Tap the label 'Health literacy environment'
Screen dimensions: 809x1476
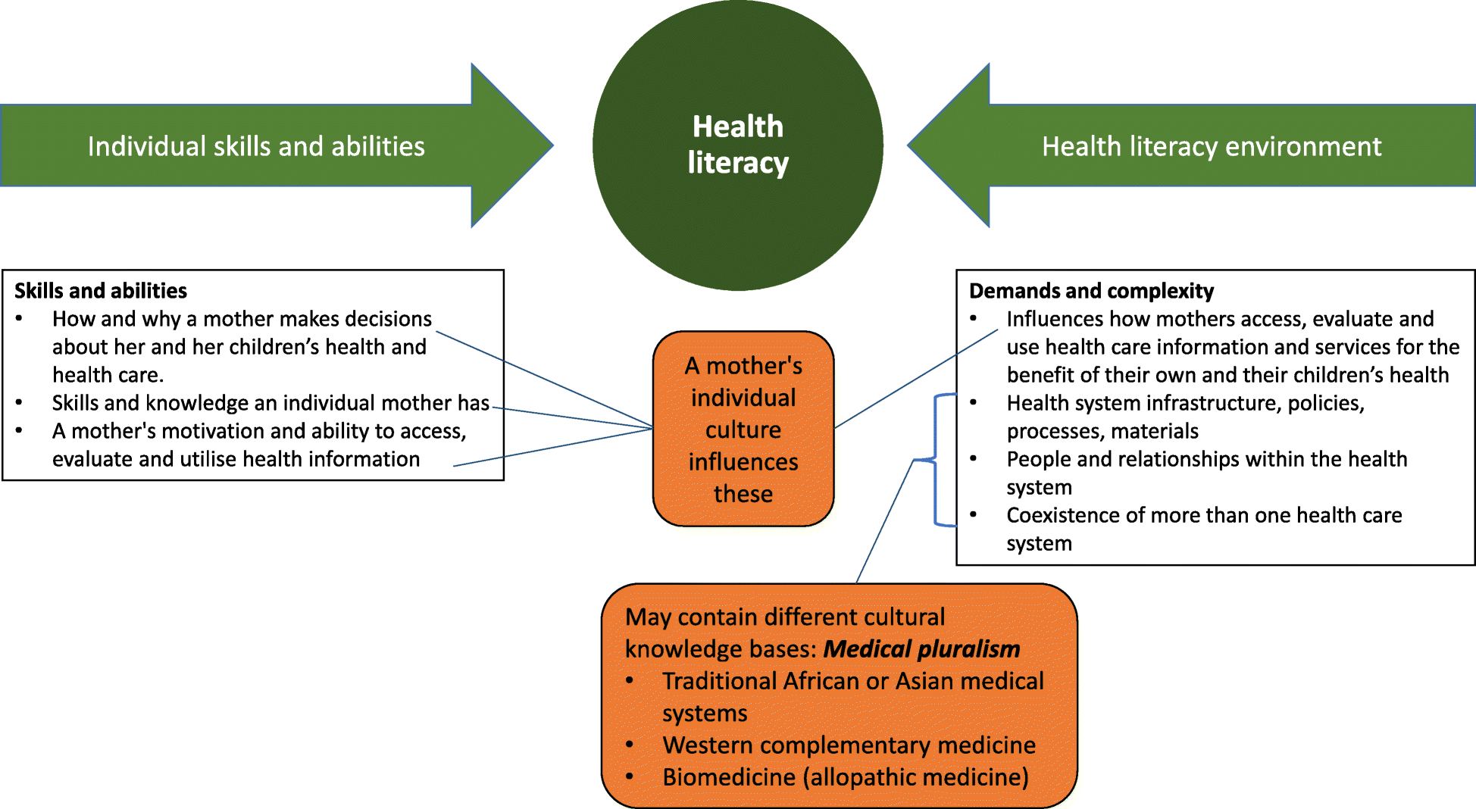click(x=1211, y=146)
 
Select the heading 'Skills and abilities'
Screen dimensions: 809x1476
click(x=101, y=291)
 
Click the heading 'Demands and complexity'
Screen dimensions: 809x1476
click(x=1091, y=291)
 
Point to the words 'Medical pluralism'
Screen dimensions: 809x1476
click(x=921, y=649)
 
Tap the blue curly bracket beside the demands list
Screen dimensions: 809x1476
click(x=935, y=459)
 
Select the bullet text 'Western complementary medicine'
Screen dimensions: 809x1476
click(x=849, y=745)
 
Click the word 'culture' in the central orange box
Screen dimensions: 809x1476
click(x=743, y=430)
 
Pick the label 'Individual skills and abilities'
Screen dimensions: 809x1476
click(x=256, y=146)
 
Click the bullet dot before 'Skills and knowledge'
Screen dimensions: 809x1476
click(x=19, y=403)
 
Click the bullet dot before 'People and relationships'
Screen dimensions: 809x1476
click(x=974, y=459)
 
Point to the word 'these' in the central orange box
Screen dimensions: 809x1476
click(x=743, y=494)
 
